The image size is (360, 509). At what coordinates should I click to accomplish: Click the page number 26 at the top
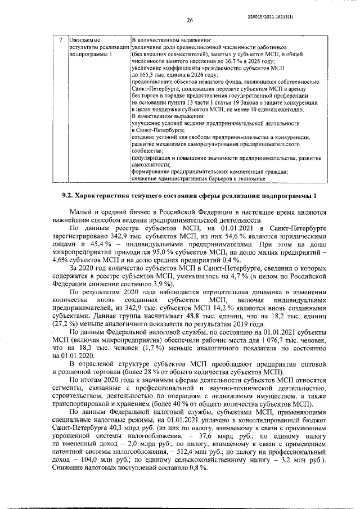tap(190, 20)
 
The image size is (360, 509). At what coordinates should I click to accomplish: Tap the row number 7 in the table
tap(60, 40)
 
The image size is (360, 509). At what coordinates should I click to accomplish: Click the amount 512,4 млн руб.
tap(189, 451)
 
